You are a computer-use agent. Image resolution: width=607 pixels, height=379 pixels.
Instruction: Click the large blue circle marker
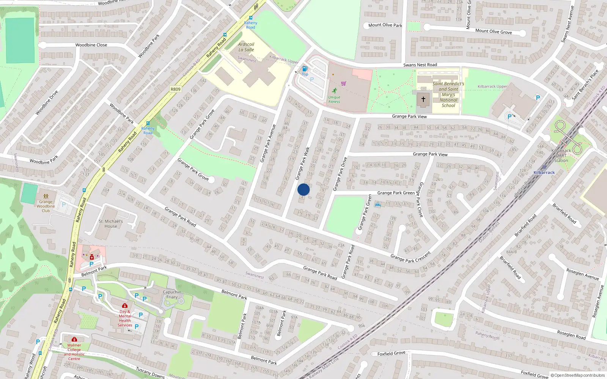pyautogui.click(x=303, y=189)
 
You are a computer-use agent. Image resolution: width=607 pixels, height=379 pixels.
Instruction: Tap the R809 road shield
pyautogui.click(x=175, y=89)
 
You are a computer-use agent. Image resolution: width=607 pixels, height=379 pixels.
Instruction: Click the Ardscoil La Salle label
pyautogui.click(x=246, y=47)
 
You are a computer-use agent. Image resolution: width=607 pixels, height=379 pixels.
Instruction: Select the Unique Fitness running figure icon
pyautogui.click(x=334, y=91)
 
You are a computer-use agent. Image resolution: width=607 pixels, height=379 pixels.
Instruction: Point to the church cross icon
pyautogui.click(x=423, y=100)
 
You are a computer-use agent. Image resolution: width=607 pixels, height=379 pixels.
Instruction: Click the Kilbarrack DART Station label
pyautogui.click(x=561, y=155)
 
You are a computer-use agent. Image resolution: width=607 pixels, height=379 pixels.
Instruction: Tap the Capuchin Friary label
pyautogui.click(x=172, y=294)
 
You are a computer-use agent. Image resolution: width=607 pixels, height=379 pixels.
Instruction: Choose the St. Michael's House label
pyautogui.click(x=111, y=224)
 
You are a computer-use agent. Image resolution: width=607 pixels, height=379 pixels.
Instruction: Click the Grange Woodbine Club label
pyautogui.click(x=46, y=206)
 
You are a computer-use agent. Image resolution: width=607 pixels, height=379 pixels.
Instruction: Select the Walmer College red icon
pyautogui.click(x=74, y=339)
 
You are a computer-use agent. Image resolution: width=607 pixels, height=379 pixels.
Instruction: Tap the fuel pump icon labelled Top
pyautogui.click(x=304, y=69)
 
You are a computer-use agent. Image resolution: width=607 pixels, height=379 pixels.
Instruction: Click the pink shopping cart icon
pyautogui.click(x=344, y=83)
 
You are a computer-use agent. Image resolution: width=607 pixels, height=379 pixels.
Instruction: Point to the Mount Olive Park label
pyautogui.click(x=385, y=25)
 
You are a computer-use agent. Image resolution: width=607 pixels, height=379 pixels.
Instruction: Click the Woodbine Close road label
pyautogui.click(x=91, y=45)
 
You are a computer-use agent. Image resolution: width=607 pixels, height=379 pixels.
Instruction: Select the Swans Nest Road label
pyautogui.click(x=420, y=65)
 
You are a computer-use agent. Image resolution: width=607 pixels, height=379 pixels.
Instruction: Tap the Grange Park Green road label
pyautogui.click(x=396, y=193)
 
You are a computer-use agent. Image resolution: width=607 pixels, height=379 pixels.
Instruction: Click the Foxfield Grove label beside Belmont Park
pyautogui.click(x=391, y=353)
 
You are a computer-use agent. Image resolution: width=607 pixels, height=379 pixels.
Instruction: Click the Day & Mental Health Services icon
pyautogui.click(x=124, y=306)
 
